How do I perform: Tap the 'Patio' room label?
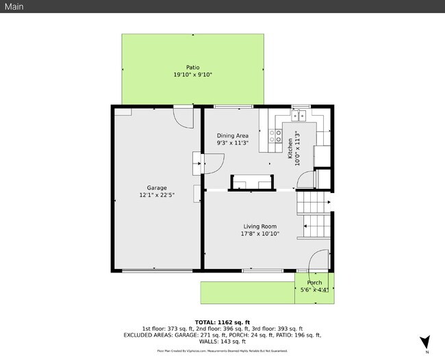192,67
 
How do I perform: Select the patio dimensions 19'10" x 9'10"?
192,75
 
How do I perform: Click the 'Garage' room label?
157,188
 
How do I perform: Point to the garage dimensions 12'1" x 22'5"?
157,195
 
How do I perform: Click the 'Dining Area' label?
233,136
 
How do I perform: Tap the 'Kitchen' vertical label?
290,148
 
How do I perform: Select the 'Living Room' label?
259,227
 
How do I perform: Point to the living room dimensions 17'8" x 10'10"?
259,234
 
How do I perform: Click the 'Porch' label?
314,283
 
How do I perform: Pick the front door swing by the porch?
316,261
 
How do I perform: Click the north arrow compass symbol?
425,342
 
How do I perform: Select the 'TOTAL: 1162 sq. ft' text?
222,322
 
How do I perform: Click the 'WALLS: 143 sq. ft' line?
222,342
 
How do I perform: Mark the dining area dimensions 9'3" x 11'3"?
233,143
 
